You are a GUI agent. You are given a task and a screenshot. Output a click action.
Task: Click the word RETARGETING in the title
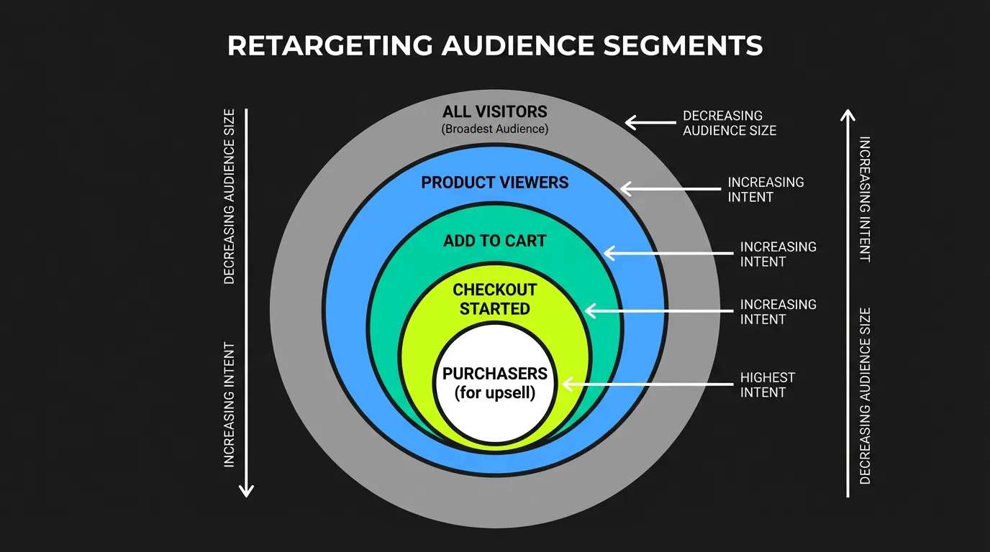tap(330, 46)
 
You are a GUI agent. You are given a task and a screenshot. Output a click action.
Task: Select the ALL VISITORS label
tap(494, 112)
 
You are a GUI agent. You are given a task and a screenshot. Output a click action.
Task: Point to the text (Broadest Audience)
tap(494, 129)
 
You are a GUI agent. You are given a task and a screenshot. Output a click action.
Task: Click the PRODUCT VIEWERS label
tap(494, 183)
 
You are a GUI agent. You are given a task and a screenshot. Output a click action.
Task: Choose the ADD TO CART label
tap(494, 241)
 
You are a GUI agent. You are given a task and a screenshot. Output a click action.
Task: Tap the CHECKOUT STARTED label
tap(494, 299)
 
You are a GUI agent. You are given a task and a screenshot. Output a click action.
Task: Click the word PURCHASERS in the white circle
tap(494, 374)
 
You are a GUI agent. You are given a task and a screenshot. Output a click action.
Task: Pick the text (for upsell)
tap(494, 393)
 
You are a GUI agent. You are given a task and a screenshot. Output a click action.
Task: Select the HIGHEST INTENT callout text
tap(767, 385)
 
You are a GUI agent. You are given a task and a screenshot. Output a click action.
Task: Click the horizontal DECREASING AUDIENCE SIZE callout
tap(729, 123)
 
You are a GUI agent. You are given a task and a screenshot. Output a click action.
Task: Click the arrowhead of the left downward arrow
tap(246, 490)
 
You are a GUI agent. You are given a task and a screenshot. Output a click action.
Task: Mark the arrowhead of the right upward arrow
tap(848, 115)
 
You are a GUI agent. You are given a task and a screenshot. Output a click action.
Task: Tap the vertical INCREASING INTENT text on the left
tap(230, 405)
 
